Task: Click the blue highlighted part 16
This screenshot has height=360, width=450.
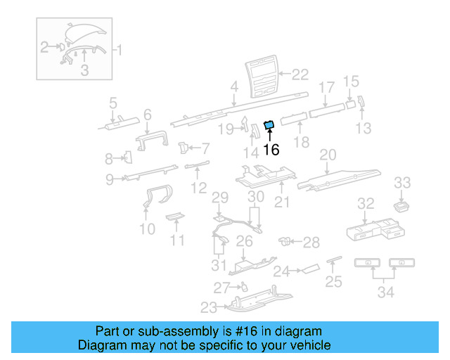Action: pos(268,126)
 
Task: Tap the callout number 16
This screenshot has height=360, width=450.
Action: pos(271,149)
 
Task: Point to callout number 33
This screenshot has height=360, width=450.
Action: pos(401,183)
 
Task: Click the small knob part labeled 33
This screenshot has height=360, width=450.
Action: pos(401,205)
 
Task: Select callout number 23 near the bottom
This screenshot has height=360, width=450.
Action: pos(209,307)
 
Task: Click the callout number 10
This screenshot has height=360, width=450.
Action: pos(147,229)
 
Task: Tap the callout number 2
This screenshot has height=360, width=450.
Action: pos(44,48)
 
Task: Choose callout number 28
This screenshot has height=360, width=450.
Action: pos(311,243)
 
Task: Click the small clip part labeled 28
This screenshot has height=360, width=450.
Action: pos(286,242)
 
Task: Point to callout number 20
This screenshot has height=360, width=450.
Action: pos(328,155)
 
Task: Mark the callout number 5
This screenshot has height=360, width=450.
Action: pos(112,104)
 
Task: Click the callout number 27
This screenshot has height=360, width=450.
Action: pos(221,287)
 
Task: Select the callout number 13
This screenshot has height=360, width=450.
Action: pos(363,128)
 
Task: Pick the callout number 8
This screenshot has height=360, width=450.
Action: pos(109,158)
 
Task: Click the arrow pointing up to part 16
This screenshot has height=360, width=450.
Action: pos(269,136)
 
